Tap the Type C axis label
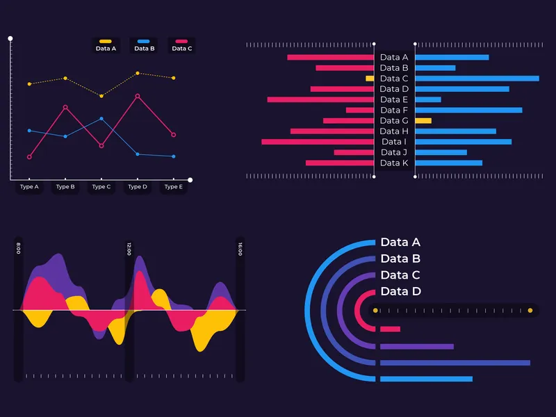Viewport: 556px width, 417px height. (x=101, y=187)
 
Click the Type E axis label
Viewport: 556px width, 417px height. (x=174, y=187)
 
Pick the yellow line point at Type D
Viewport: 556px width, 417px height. (x=138, y=73)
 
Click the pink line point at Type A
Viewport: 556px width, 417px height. (x=29, y=157)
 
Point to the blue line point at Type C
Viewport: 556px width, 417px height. (x=101, y=119)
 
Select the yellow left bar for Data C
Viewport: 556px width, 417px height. (x=370, y=79)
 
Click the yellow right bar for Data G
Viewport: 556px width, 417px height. (x=423, y=121)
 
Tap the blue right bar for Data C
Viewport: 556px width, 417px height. (x=477, y=79)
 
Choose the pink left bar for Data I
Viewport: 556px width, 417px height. (x=318, y=142)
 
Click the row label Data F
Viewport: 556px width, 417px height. (x=394, y=110)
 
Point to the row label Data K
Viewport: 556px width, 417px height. (x=394, y=163)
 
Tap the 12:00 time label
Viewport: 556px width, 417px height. (x=129, y=249)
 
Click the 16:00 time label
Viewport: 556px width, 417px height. (x=240, y=249)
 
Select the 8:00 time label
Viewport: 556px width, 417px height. (x=18, y=248)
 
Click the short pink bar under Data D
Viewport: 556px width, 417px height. (x=390, y=329)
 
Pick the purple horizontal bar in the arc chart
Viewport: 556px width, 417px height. (x=416, y=346)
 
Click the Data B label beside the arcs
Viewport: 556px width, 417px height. (x=400, y=259)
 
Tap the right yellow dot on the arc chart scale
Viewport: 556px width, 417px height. (x=530, y=310)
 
